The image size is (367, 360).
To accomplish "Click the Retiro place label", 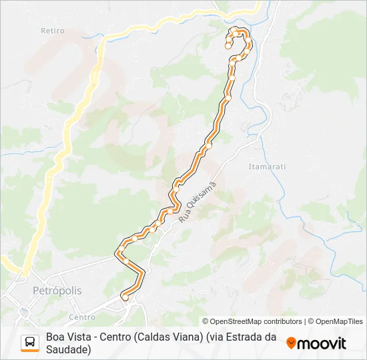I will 52,31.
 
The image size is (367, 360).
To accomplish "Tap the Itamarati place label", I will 266,166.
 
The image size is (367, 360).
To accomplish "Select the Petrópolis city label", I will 57,291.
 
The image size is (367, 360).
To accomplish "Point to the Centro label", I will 82,317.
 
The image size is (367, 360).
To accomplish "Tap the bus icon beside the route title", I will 30,343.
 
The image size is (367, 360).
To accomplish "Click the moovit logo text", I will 322,343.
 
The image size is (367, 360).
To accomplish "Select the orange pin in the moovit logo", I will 291,343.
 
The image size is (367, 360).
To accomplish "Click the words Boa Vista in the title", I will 67,337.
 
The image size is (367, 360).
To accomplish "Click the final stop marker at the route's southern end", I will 125,298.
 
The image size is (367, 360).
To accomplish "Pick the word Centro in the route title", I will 113,337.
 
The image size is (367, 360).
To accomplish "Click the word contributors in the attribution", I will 281,321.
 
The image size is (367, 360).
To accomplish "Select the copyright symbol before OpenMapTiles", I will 310,321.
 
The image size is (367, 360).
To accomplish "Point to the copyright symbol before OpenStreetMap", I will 206,321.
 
